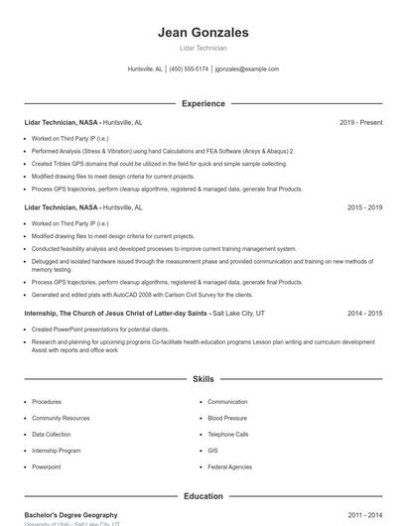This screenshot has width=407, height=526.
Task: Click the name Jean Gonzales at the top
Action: pos(203,33)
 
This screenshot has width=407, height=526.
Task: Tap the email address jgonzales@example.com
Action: pos(247,69)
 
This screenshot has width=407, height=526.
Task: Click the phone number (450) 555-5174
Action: pos(189,69)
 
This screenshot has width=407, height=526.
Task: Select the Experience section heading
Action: pos(203,103)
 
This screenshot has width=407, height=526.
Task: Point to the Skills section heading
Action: pos(203,379)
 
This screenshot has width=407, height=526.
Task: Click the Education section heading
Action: pos(203,496)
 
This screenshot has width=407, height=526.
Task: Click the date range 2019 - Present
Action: pos(360,122)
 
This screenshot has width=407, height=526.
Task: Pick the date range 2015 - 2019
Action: pos(364,208)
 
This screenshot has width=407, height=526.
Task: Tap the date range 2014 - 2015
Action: pos(364,313)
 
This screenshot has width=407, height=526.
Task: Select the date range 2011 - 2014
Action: pos(364,515)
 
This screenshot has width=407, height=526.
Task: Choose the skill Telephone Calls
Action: pos(228,434)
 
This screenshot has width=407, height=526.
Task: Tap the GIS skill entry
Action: pos(213,450)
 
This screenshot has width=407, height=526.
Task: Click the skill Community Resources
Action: pos(60,418)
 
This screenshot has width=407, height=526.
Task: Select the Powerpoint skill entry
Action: pos(47,465)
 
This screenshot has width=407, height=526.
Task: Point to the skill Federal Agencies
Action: pos(230,465)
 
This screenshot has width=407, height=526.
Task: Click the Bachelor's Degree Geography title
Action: pos(70,515)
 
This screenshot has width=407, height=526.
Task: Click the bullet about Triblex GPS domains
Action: pos(159,163)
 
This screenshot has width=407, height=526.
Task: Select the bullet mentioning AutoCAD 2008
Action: pos(142,295)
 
